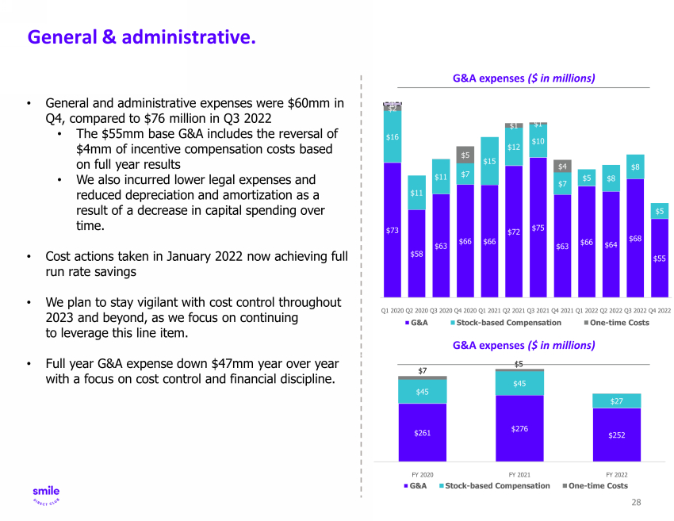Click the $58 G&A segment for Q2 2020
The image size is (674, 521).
pos(416,253)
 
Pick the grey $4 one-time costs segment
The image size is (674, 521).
pos(562,167)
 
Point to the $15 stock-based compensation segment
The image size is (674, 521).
pos(489,162)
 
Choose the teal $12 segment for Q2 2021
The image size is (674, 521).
pos(514,147)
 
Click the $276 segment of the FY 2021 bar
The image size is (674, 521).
pos(520,428)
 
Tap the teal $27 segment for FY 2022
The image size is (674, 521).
pos(616,401)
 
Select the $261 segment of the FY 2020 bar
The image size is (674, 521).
pos(423,433)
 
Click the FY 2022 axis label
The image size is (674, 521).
pos(616,473)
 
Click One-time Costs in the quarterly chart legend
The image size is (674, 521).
pos(619,323)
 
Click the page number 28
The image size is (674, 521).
pos(636,503)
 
